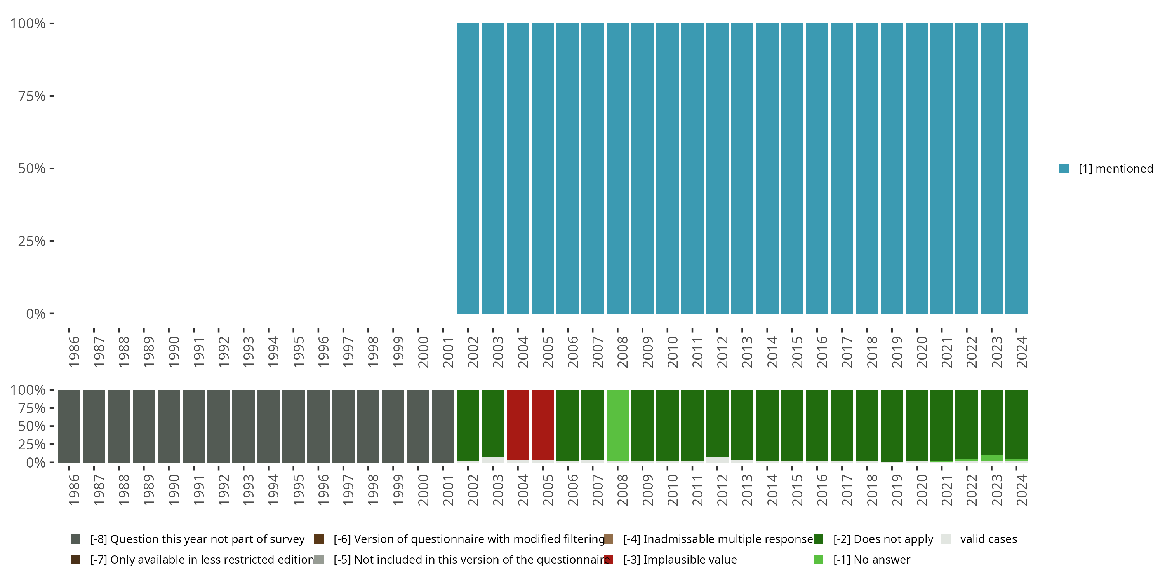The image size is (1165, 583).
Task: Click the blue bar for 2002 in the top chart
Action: pos(468,168)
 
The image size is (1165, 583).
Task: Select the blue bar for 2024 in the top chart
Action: pos(1016,168)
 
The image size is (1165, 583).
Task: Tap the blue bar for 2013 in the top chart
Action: pos(742,168)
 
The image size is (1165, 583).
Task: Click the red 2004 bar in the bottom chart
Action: pos(517,424)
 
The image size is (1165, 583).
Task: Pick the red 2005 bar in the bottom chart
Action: pos(543,424)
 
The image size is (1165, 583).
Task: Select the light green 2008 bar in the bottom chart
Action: pos(617,426)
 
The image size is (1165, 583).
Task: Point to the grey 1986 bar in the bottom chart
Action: pos(69,426)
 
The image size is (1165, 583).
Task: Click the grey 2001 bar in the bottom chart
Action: pos(443,426)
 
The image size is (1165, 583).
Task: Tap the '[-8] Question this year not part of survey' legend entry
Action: pos(197,539)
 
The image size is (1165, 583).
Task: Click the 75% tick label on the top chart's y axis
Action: pos(32,96)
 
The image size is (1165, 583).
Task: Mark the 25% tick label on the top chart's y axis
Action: pos(32,241)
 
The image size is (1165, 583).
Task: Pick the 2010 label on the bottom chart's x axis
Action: pos(673,490)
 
